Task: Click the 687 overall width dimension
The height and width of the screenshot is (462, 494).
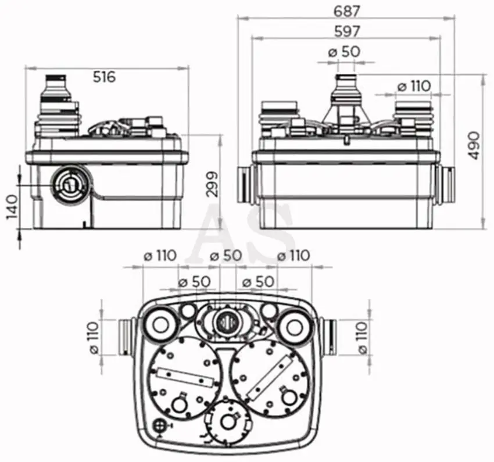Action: tap(346, 12)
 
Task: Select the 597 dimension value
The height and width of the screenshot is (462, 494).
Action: tap(346, 31)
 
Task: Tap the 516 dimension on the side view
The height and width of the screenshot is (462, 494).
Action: tap(104, 77)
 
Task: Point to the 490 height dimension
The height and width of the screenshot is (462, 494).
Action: tap(472, 146)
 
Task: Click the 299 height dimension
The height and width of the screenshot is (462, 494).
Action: tap(212, 184)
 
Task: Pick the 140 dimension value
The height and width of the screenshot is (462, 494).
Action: tap(12, 207)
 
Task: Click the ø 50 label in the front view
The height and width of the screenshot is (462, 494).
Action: tap(343, 52)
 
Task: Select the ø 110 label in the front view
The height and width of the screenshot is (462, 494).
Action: tap(414, 85)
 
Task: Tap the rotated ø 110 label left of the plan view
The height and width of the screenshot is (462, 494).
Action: tap(94, 337)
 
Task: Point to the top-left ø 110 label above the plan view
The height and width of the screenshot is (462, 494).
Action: tap(160, 256)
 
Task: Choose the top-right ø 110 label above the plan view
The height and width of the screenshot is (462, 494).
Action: tap(293, 256)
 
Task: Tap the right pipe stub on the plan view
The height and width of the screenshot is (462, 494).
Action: tap(328, 336)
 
